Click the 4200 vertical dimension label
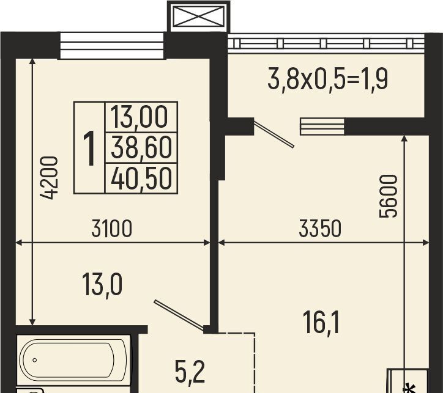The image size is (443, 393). pyautogui.click(x=49, y=178)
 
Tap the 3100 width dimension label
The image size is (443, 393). pyautogui.click(x=112, y=229)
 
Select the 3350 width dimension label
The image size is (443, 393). pyautogui.click(x=320, y=229)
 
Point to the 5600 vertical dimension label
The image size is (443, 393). pyautogui.click(x=388, y=196)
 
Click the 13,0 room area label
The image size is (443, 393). pyautogui.click(x=102, y=286)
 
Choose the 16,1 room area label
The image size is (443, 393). pyautogui.click(x=321, y=323)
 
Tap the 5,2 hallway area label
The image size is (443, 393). pyautogui.click(x=190, y=372)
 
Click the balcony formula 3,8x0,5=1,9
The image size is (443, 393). pyautogui.click(x=328, y=79)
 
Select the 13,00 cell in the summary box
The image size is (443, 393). pyautogui.click(x=140, y=117)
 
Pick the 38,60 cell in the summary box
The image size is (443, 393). pyautogui.click(x=141, y=148)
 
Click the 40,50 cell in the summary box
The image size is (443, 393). pyautogui.click(x=141, y=178)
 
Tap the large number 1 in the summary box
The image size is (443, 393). pyautogui.click(x=90, y=148)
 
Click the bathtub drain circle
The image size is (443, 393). pyautogui.click(x=35, y=360)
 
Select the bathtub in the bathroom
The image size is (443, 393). pyautogui.click(x=73, y=359)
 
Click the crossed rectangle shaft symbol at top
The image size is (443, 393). pyautogui.click(x=199, y=17)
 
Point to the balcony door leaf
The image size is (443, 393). pyautogui.click(x=274, y=134)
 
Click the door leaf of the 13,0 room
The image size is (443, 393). pyautogui.click(x=179, y=315)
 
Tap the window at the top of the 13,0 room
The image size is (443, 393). pyautogui.click(x=112, y=46)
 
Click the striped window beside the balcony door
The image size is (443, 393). pyautogui.click(x=322, y=127)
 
